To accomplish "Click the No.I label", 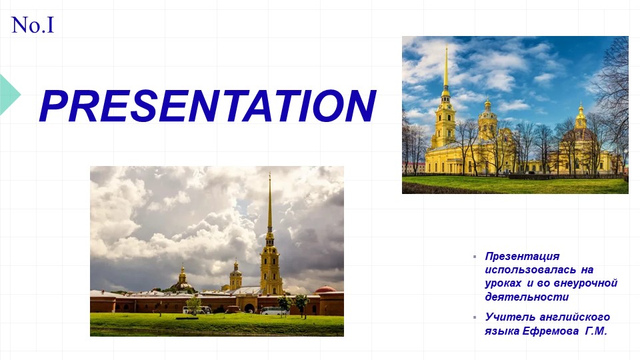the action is [33, 25].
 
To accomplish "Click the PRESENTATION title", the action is [208, 106].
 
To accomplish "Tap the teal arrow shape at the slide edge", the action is [10, 94].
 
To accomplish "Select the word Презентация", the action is [522, 256].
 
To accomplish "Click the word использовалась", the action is [530, 270].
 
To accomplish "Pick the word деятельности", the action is [527, 297].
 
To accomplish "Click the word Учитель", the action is [510, 317].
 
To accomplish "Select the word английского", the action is [575, 317].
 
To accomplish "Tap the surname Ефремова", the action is [550, 331].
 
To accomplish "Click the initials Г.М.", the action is [596, 331].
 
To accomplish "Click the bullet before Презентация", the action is [475, 257].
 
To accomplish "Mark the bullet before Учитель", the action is [475, 317].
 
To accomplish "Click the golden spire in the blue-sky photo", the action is [446, 68].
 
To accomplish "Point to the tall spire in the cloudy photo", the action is [269, 204].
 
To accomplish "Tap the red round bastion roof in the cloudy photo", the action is [326, 289].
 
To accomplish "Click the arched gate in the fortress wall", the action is [249, 308].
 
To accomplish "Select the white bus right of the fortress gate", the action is [273, 311].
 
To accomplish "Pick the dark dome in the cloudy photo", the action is [183, 285].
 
